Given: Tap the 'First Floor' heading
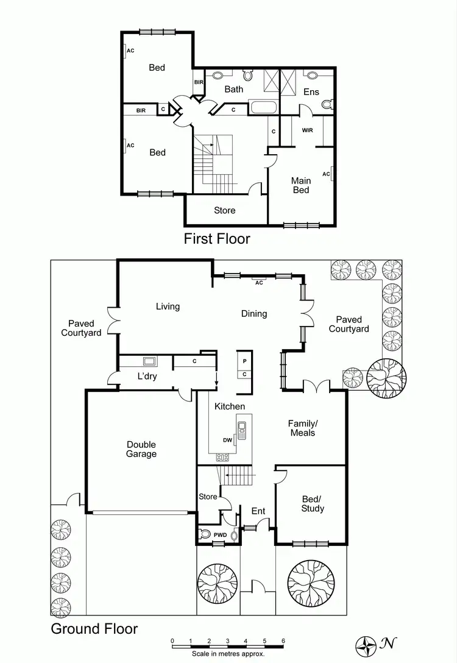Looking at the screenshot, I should click(x=217, y=238).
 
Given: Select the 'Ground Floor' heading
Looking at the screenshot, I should click(x=94, y=629).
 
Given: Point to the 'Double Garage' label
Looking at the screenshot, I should click(x=141, y=449).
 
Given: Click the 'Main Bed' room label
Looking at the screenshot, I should click(x=301, y=185).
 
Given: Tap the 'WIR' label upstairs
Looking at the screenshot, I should click(x=307, y=130).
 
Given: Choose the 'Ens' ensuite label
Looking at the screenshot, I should click(x=311, y=92).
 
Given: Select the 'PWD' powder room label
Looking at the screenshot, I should click(x=220, y=535).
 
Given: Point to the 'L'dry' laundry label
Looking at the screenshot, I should click(x=147, y=377).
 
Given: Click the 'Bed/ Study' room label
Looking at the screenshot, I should click(x=313, y=504).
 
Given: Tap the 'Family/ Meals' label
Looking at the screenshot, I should click(x=303, y=428).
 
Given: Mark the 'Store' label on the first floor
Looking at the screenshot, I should click(x=224, y=211).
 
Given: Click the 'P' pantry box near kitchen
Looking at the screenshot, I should click(x=244, y=361).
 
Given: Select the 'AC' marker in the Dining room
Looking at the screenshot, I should click(x=259, y=282).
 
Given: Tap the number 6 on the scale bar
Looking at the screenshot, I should click(x=283, y=641).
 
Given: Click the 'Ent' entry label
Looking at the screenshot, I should click(x=258, y=511).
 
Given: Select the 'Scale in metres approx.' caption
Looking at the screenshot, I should click(x=228, y=653).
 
